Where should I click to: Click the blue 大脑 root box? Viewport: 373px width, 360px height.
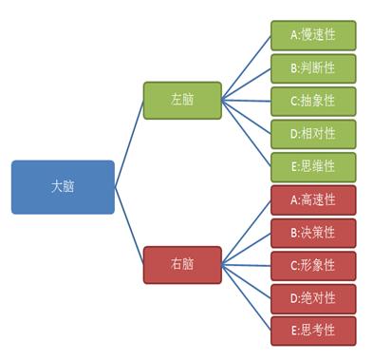click(x=63, y=186)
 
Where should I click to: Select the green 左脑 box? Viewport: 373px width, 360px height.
click(x=182, y=100)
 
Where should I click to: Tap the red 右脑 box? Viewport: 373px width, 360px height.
click(x=182, y=265)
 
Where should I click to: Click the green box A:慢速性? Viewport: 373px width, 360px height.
click(x=313, y=35)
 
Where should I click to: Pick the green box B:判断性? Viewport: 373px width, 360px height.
click(x=313, y=68)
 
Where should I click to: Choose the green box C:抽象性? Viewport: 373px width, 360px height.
click(x=313, y=101)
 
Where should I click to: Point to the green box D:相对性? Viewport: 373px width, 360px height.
click(x=313, y=134)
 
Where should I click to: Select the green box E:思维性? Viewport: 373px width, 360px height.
click(x=313, y=166)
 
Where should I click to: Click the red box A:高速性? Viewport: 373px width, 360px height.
click(x=313, y=199)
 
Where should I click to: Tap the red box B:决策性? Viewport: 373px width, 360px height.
click(x=313, y=233)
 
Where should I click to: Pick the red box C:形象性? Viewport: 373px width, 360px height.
click(x=313, y=265)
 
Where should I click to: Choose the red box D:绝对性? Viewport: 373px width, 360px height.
click(x=313, y=298)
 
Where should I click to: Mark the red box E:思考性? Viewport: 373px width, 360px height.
click(x=313, y=331)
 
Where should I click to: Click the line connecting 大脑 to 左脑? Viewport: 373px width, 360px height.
click(x=129, y=143)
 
